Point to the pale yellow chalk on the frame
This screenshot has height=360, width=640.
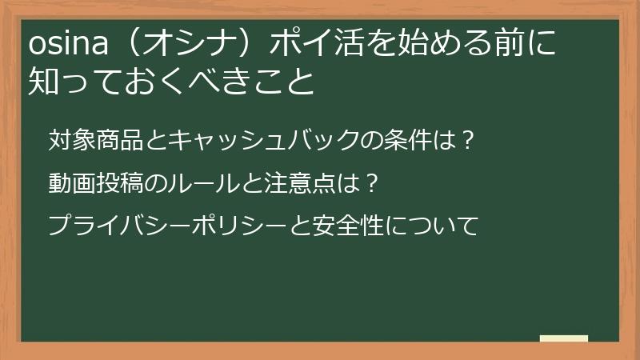point(563,339)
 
